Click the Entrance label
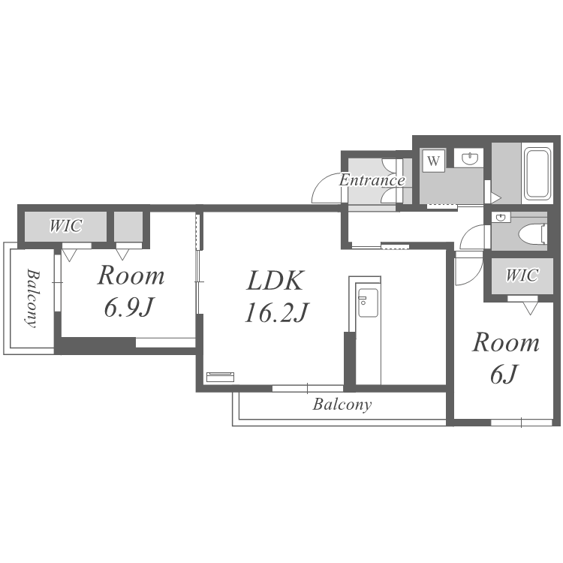coord(372,179)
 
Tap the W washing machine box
coord(433,161)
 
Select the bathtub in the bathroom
coord(537,174)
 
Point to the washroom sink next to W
coord(469,158)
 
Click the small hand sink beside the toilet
coord(501,217)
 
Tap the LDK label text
coord(275,281)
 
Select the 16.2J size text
coord(276,313)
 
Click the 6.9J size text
coord(129,308)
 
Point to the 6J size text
coord(504,374)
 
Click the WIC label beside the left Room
coord(66,226)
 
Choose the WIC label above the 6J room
coord(522,275)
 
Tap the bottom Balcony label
coord(342,405)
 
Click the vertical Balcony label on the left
coord(32,298)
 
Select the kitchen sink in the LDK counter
coord(368,303)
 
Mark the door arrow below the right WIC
coord(530,309)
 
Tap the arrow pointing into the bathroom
coord(496,197)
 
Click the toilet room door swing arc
coord(468,233)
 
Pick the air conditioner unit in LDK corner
coord(221,377)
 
